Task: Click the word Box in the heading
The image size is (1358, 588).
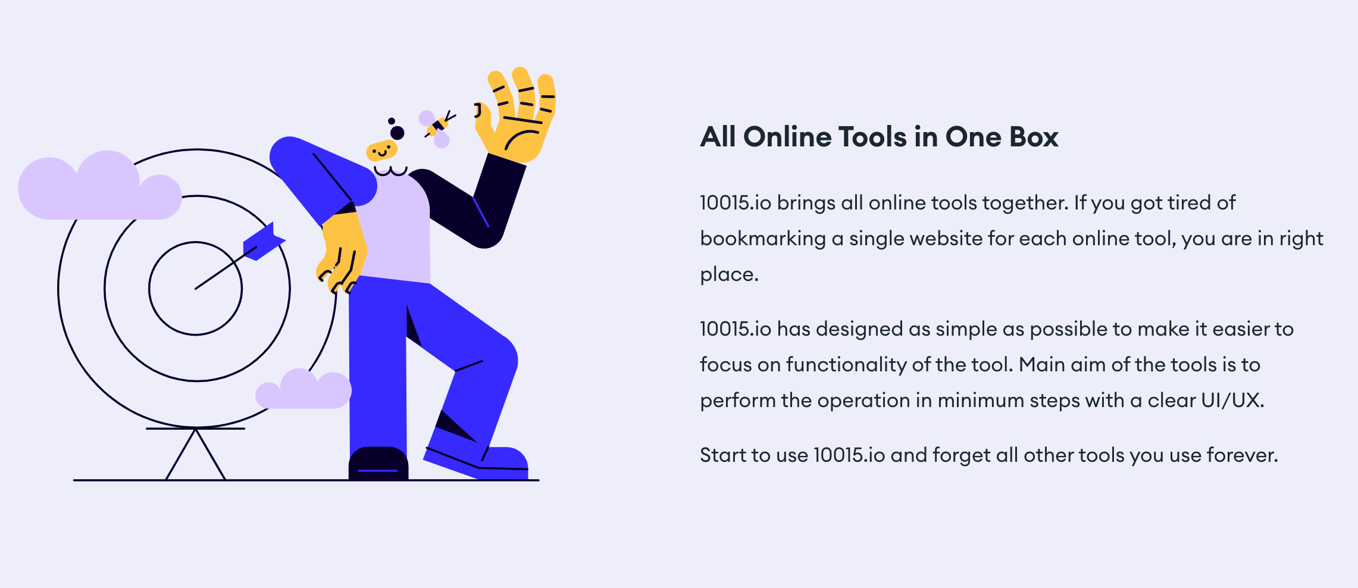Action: pyautogui.click(x=1034, y=137)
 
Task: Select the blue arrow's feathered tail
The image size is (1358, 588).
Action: pyautogui.click(x=264, y=241)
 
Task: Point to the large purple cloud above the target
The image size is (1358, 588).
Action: pyautogui.click(x=99, y=186)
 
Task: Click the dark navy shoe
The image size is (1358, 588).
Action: pyautogui.click(x=378, y=464)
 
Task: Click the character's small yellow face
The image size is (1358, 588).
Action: pyautogui.click(x=381, y=151)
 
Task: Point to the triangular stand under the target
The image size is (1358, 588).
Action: pyautogui.click(x=195, y=454)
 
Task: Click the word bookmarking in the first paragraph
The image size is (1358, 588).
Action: pyautogui.click(x=763, y=239)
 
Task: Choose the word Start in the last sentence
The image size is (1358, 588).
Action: pyautogui.click(x=718, y=455)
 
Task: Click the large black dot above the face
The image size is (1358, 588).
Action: pyautogui.click(x=398, y=133)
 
